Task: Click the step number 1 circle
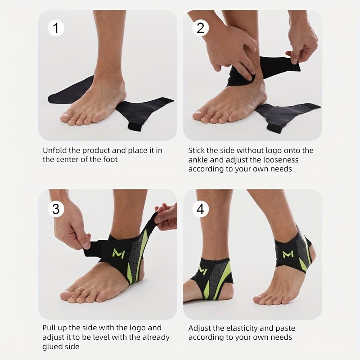coord(56,28)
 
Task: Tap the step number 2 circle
coord(200,28)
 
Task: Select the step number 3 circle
coord(56,209)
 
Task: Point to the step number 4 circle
coord(200,209)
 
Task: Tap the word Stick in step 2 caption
coord(196,150)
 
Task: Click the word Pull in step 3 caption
coord(49,328)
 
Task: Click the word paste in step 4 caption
coord(285,328)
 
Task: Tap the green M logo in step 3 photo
coord(119,252)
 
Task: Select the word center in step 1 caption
coord(67,160)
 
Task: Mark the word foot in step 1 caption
coord(110,159)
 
